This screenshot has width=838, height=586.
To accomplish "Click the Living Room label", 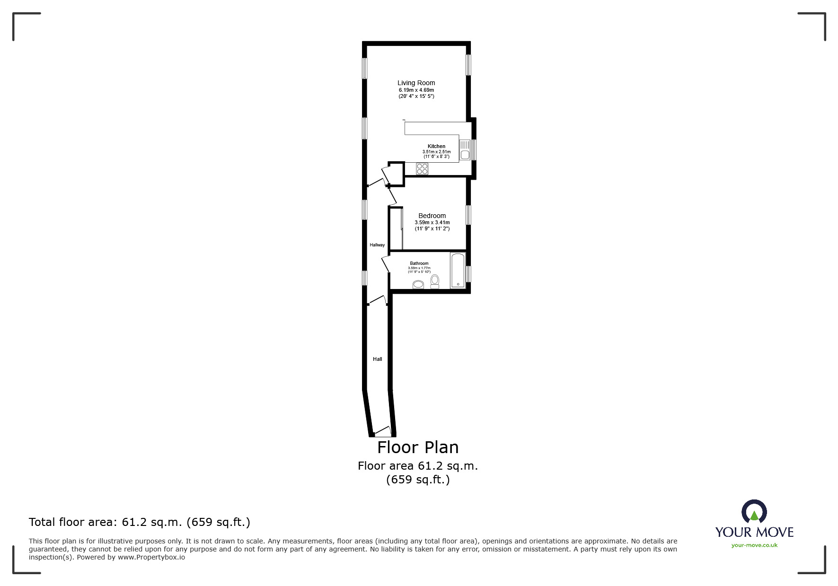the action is [416, 83].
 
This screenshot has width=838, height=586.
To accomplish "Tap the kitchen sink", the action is [465, 150].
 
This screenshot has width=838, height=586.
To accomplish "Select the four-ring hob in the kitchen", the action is [422, 169].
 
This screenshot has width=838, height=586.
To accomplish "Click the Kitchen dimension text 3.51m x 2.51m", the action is [436, 152].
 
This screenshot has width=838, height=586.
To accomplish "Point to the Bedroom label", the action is [432, 216].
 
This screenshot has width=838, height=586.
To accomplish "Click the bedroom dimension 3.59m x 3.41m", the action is [432, 222].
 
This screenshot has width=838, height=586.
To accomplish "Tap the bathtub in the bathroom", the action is [458, 270].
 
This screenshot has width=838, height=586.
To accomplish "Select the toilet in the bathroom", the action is [435, 281].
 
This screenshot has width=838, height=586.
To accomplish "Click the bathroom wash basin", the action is [418, 284].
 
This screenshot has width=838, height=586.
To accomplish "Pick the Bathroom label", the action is [419, 263].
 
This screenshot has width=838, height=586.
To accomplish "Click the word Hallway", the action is [377, 245].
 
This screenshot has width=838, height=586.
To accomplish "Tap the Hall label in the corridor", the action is [377, 359].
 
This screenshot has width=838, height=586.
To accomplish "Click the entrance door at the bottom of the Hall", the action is [382, 431].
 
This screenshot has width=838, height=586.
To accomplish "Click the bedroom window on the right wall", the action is [468, 215].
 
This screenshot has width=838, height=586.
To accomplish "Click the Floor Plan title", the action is [418, 447].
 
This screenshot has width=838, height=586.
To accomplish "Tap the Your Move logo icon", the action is [754, 512].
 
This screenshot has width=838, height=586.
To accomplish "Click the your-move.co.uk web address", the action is [754, 545].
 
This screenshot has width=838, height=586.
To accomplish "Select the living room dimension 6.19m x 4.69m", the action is [416, 90].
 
